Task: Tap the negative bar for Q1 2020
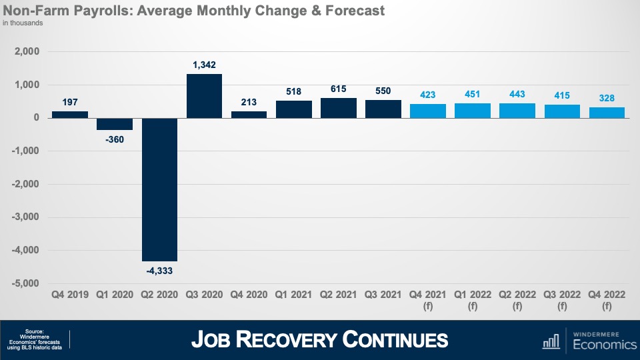(x=115, y=123)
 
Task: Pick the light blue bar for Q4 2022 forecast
(x=607, y=112)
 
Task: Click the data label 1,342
(x=204, y=65)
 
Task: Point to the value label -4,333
(x=159, y=270)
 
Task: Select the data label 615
(x=338, y=89)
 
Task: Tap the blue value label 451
(x=473, y=94)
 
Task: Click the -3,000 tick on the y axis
(x=26, y=217)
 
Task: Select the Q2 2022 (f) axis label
(x=517, y=299)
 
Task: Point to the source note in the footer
(x=34, y=340)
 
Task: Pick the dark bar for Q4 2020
(x=249, y=114)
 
